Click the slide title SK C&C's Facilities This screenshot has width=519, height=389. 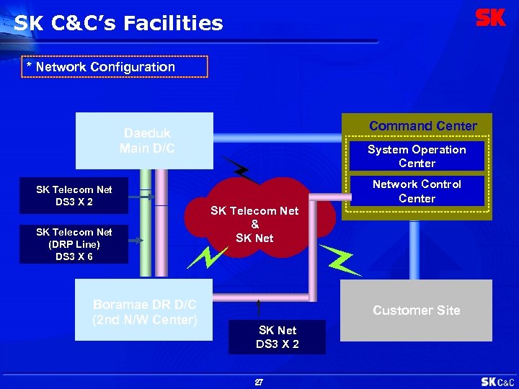pos(118,24)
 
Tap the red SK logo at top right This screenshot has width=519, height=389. pos(490,18)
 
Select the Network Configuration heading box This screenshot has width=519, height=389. pos(115,67)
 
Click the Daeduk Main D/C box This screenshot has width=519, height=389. pos(147,140)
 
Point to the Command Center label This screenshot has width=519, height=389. pos(422,126)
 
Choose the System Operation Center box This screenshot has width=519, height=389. pos(417,156)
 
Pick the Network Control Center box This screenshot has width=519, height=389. pos(417,192)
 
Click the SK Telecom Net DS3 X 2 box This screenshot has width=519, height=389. pos(74,196)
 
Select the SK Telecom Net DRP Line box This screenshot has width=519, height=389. pos(74,244)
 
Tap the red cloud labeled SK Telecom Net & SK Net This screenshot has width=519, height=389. pos(254,223)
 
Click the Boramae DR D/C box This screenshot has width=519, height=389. pos(144,311)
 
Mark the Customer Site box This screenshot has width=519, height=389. pos(416,310)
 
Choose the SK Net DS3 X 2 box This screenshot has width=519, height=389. pos(277,337)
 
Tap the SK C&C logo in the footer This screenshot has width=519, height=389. pos(497,382)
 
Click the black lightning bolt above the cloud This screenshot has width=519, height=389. pos(237,169)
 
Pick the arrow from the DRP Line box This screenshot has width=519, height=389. pos(136,242)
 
